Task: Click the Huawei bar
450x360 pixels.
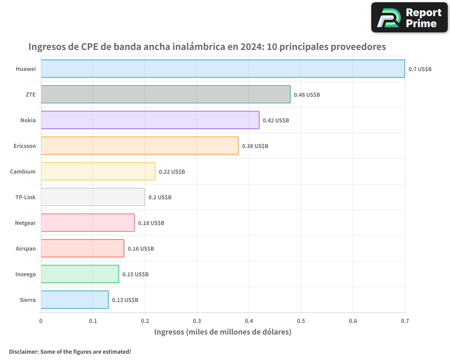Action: tap(223, 69)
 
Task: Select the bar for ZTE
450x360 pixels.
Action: tap(166, 94)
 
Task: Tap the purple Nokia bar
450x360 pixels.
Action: tap(150, 120)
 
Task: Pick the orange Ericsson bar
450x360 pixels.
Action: tap(139, 146)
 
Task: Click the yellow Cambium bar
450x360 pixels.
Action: tap(98, 171)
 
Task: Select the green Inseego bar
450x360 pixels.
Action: tap(80, 274)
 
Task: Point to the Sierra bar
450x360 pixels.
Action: tap(75, 300)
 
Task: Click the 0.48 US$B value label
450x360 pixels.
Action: tap(307, 95)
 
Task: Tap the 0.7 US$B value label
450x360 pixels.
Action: tap(420, 69)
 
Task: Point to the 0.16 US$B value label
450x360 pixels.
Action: tap(141, 249)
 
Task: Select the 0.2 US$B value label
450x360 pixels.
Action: tap(160, 198)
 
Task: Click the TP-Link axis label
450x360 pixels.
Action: tap(25, 197)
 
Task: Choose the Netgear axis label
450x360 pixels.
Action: tap(25, 223)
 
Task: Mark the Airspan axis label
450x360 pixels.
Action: tap(26, 248)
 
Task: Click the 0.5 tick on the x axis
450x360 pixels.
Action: tap(301, 321)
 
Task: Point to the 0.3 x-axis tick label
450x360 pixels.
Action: tap(197, 321)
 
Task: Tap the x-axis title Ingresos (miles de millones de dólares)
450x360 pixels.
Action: tap(223, 332)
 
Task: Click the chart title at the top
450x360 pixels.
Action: tap(207, 47)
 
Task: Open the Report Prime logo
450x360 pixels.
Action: tap(409, 18)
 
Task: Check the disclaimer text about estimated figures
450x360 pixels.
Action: tap(70, 351)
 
